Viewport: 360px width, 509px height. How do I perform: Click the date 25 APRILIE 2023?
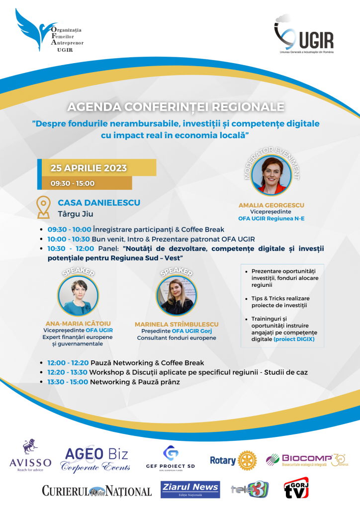89,168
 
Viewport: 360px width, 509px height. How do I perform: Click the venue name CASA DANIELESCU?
99,203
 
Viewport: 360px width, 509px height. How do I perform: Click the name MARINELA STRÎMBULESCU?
177,324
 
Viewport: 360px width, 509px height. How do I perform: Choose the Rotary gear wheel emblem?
247,460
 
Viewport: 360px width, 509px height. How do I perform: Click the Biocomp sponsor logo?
306,460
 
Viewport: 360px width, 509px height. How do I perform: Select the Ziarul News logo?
190,489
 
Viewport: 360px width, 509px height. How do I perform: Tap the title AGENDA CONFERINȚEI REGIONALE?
176,107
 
